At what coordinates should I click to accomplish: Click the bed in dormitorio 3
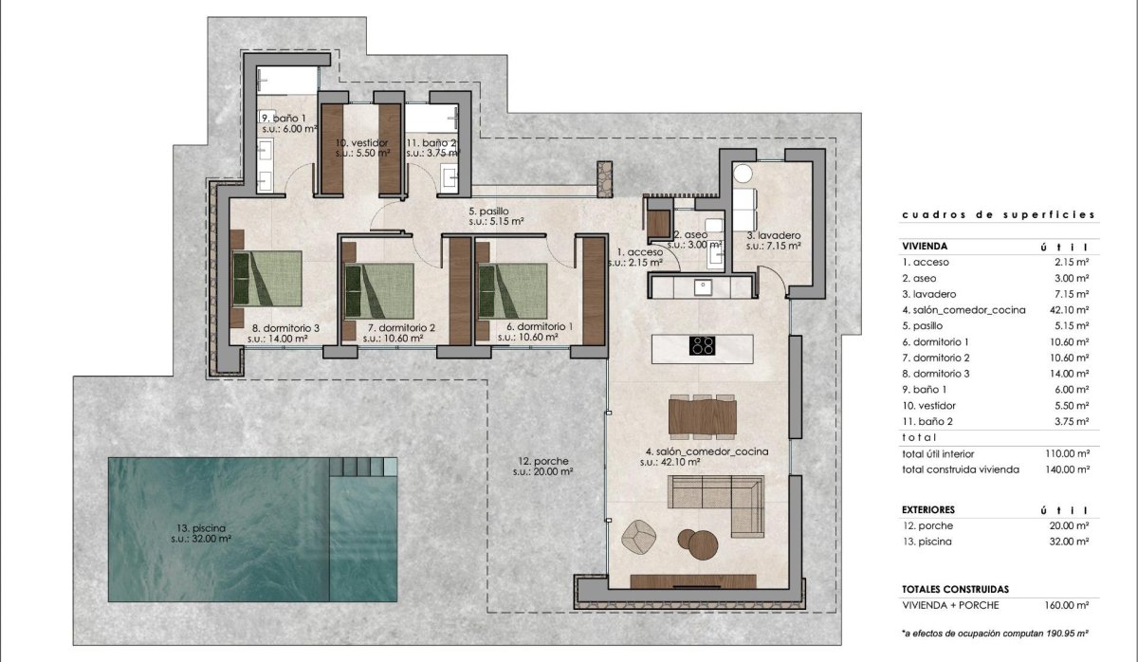[267, 284]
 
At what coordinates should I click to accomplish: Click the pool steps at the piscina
[363, 467]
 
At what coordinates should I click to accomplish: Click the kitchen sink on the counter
[703, 286]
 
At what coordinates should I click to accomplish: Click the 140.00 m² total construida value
[1066, 469]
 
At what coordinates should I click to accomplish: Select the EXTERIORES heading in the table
[928, 509]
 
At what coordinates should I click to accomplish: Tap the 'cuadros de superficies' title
[999, 215]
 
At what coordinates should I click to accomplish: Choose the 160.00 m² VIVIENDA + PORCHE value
[1066, 604]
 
